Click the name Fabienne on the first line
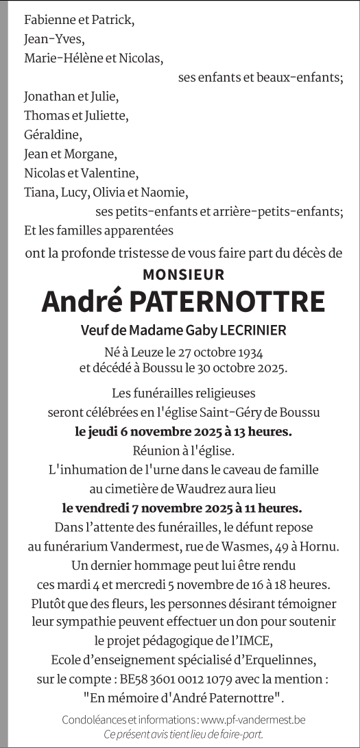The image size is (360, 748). coord(49,21)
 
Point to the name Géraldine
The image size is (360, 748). coord(52,134)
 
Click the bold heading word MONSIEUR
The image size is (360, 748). coord(183,275)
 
